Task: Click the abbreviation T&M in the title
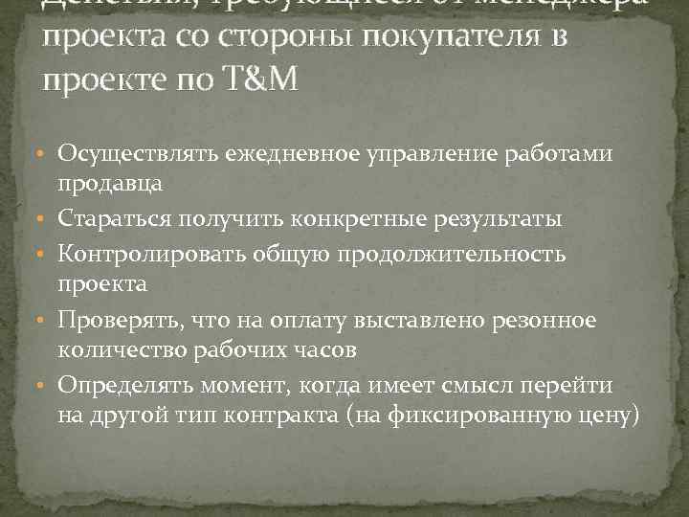coord(262,79)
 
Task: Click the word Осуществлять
coord(139,153)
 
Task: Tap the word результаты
coord(502,219)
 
